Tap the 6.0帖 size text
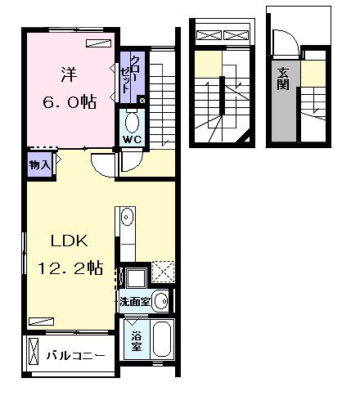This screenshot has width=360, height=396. coord(69,101)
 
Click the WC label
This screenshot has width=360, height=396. coord(133,139)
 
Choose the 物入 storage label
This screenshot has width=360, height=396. coord(41,164)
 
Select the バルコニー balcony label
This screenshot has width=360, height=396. coord(75,357)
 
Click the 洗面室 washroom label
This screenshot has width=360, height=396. coord(133,301)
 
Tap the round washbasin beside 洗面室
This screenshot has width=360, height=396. coord(160,300)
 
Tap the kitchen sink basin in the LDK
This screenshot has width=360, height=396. coord(127,218)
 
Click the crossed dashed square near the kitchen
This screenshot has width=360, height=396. coord(163,272)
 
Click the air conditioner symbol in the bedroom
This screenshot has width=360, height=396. coord(97,44)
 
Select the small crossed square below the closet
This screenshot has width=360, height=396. coord(142,101)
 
